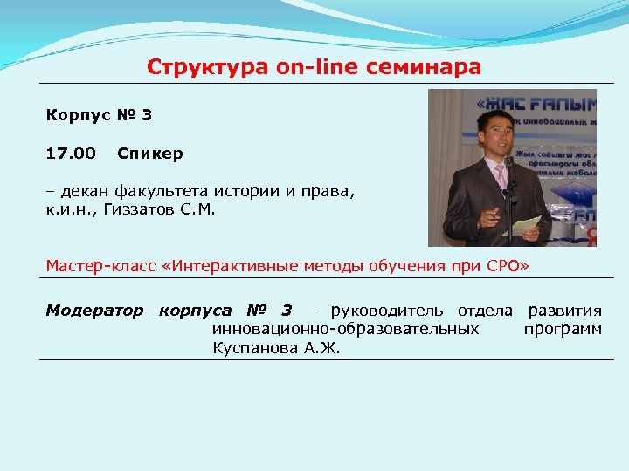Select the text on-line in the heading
click(317, 66)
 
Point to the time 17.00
click(71, 154)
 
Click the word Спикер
click(150, 154)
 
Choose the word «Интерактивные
click(218, 265)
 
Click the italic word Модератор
click(94, 311)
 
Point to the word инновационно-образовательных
click(345, 329)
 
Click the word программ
click(563, 329)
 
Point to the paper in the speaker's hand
click(526, 225)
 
